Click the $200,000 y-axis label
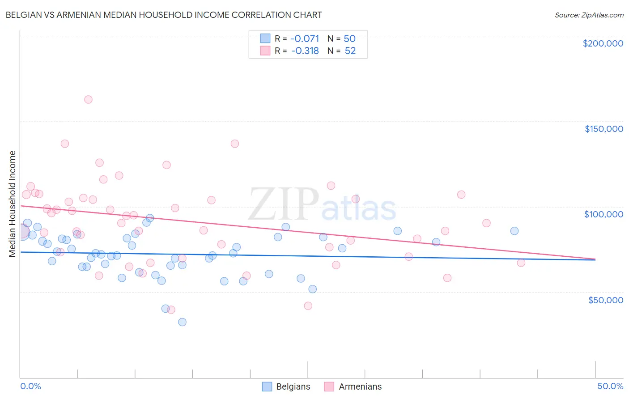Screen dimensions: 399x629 pyautogui.click(x=603, y=43)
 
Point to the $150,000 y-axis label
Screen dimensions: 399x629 pyautogui.click(x=603, y=129)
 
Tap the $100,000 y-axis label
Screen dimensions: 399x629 pyautogui.click(x=603, y=214)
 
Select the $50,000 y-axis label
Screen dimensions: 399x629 pyautogui.click(x=605, y=300)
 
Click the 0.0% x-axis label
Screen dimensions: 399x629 pyautogui.click(x=30, y=386)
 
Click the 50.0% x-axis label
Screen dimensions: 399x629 pyautogui.click(x=610, y=386)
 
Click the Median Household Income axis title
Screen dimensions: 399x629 pyautogui.click(x=12, y=204)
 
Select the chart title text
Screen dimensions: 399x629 pyautogui.click(x=164, y=15)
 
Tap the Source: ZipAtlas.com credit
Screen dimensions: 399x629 pyautogui.click(x=589, y=15)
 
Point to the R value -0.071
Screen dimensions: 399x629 pyautogui.click(x=305, y=38)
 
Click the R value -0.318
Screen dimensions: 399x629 pyautogui.click(x=305, y=51)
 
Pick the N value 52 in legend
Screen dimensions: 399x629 pyautogui.click(x=350, y=51)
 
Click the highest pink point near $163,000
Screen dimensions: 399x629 pyautogui.click(x=88, y=99)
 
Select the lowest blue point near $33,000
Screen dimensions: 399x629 pyautogui.click(x=182, y=322)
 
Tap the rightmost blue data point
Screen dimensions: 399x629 pyautogui.click(x=514, y=231)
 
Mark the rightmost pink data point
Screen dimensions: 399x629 pyautogui.click(x=521, y=263)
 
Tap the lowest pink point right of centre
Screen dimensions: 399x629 pyautogui.click(x=308, y=306)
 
